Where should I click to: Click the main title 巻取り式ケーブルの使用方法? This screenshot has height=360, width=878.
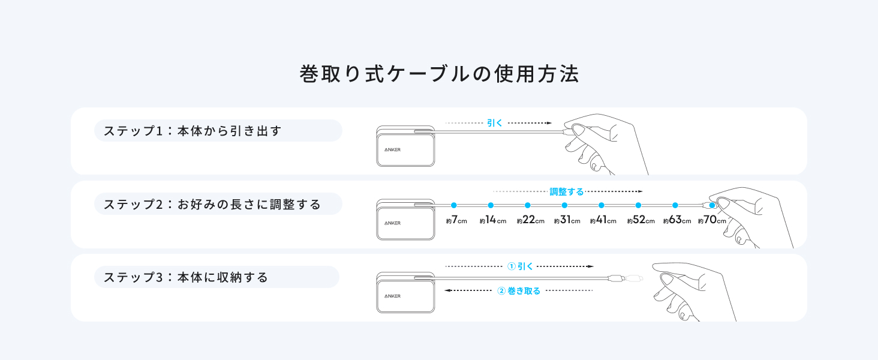(x=439, y=74)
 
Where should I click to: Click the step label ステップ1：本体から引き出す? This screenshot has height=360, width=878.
(x=193, y=131)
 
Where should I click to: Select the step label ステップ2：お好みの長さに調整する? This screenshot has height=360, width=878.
(x=212, y=204)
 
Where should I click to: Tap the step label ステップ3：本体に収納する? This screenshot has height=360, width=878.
(x=186, y=278)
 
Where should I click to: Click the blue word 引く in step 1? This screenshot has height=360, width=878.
(x=495, y=123)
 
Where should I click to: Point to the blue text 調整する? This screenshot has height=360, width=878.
(x=567, y=192)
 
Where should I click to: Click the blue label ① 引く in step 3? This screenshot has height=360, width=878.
(x=520, y=266)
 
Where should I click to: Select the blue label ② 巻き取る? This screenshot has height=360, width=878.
(x=519, y=291)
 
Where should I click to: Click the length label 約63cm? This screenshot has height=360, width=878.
(x=677, y=220)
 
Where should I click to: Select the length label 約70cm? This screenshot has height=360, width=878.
(x=712, y=220)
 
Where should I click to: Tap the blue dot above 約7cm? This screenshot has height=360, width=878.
(x=454, y=205)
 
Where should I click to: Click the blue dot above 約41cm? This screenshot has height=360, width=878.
(x=602, y=205)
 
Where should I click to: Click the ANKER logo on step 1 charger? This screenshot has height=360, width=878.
(x=392, y=149)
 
